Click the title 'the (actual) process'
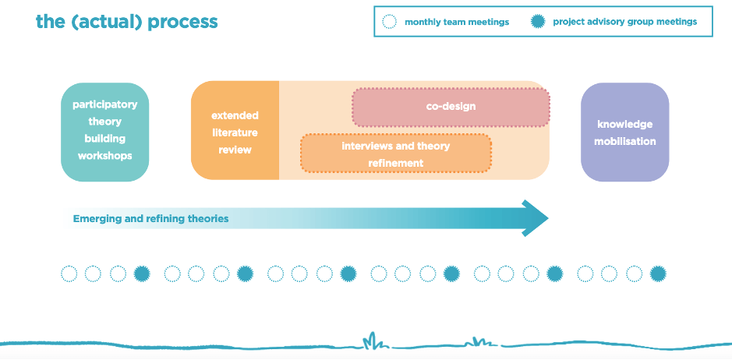126,22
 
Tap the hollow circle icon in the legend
389,22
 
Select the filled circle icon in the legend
538,22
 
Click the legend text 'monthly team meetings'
457,22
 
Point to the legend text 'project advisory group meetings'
624,22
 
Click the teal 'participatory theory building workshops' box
105,132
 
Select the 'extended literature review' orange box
235,130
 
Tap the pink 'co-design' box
451,107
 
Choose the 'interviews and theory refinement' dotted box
395,153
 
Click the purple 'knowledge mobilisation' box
624,132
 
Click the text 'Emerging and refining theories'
150,218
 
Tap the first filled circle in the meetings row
142,274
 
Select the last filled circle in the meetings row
658,274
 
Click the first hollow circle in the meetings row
69,274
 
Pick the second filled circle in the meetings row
245,274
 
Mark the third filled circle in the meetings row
348,274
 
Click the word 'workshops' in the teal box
105,156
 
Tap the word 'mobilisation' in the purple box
625,142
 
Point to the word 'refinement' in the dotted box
396,164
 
